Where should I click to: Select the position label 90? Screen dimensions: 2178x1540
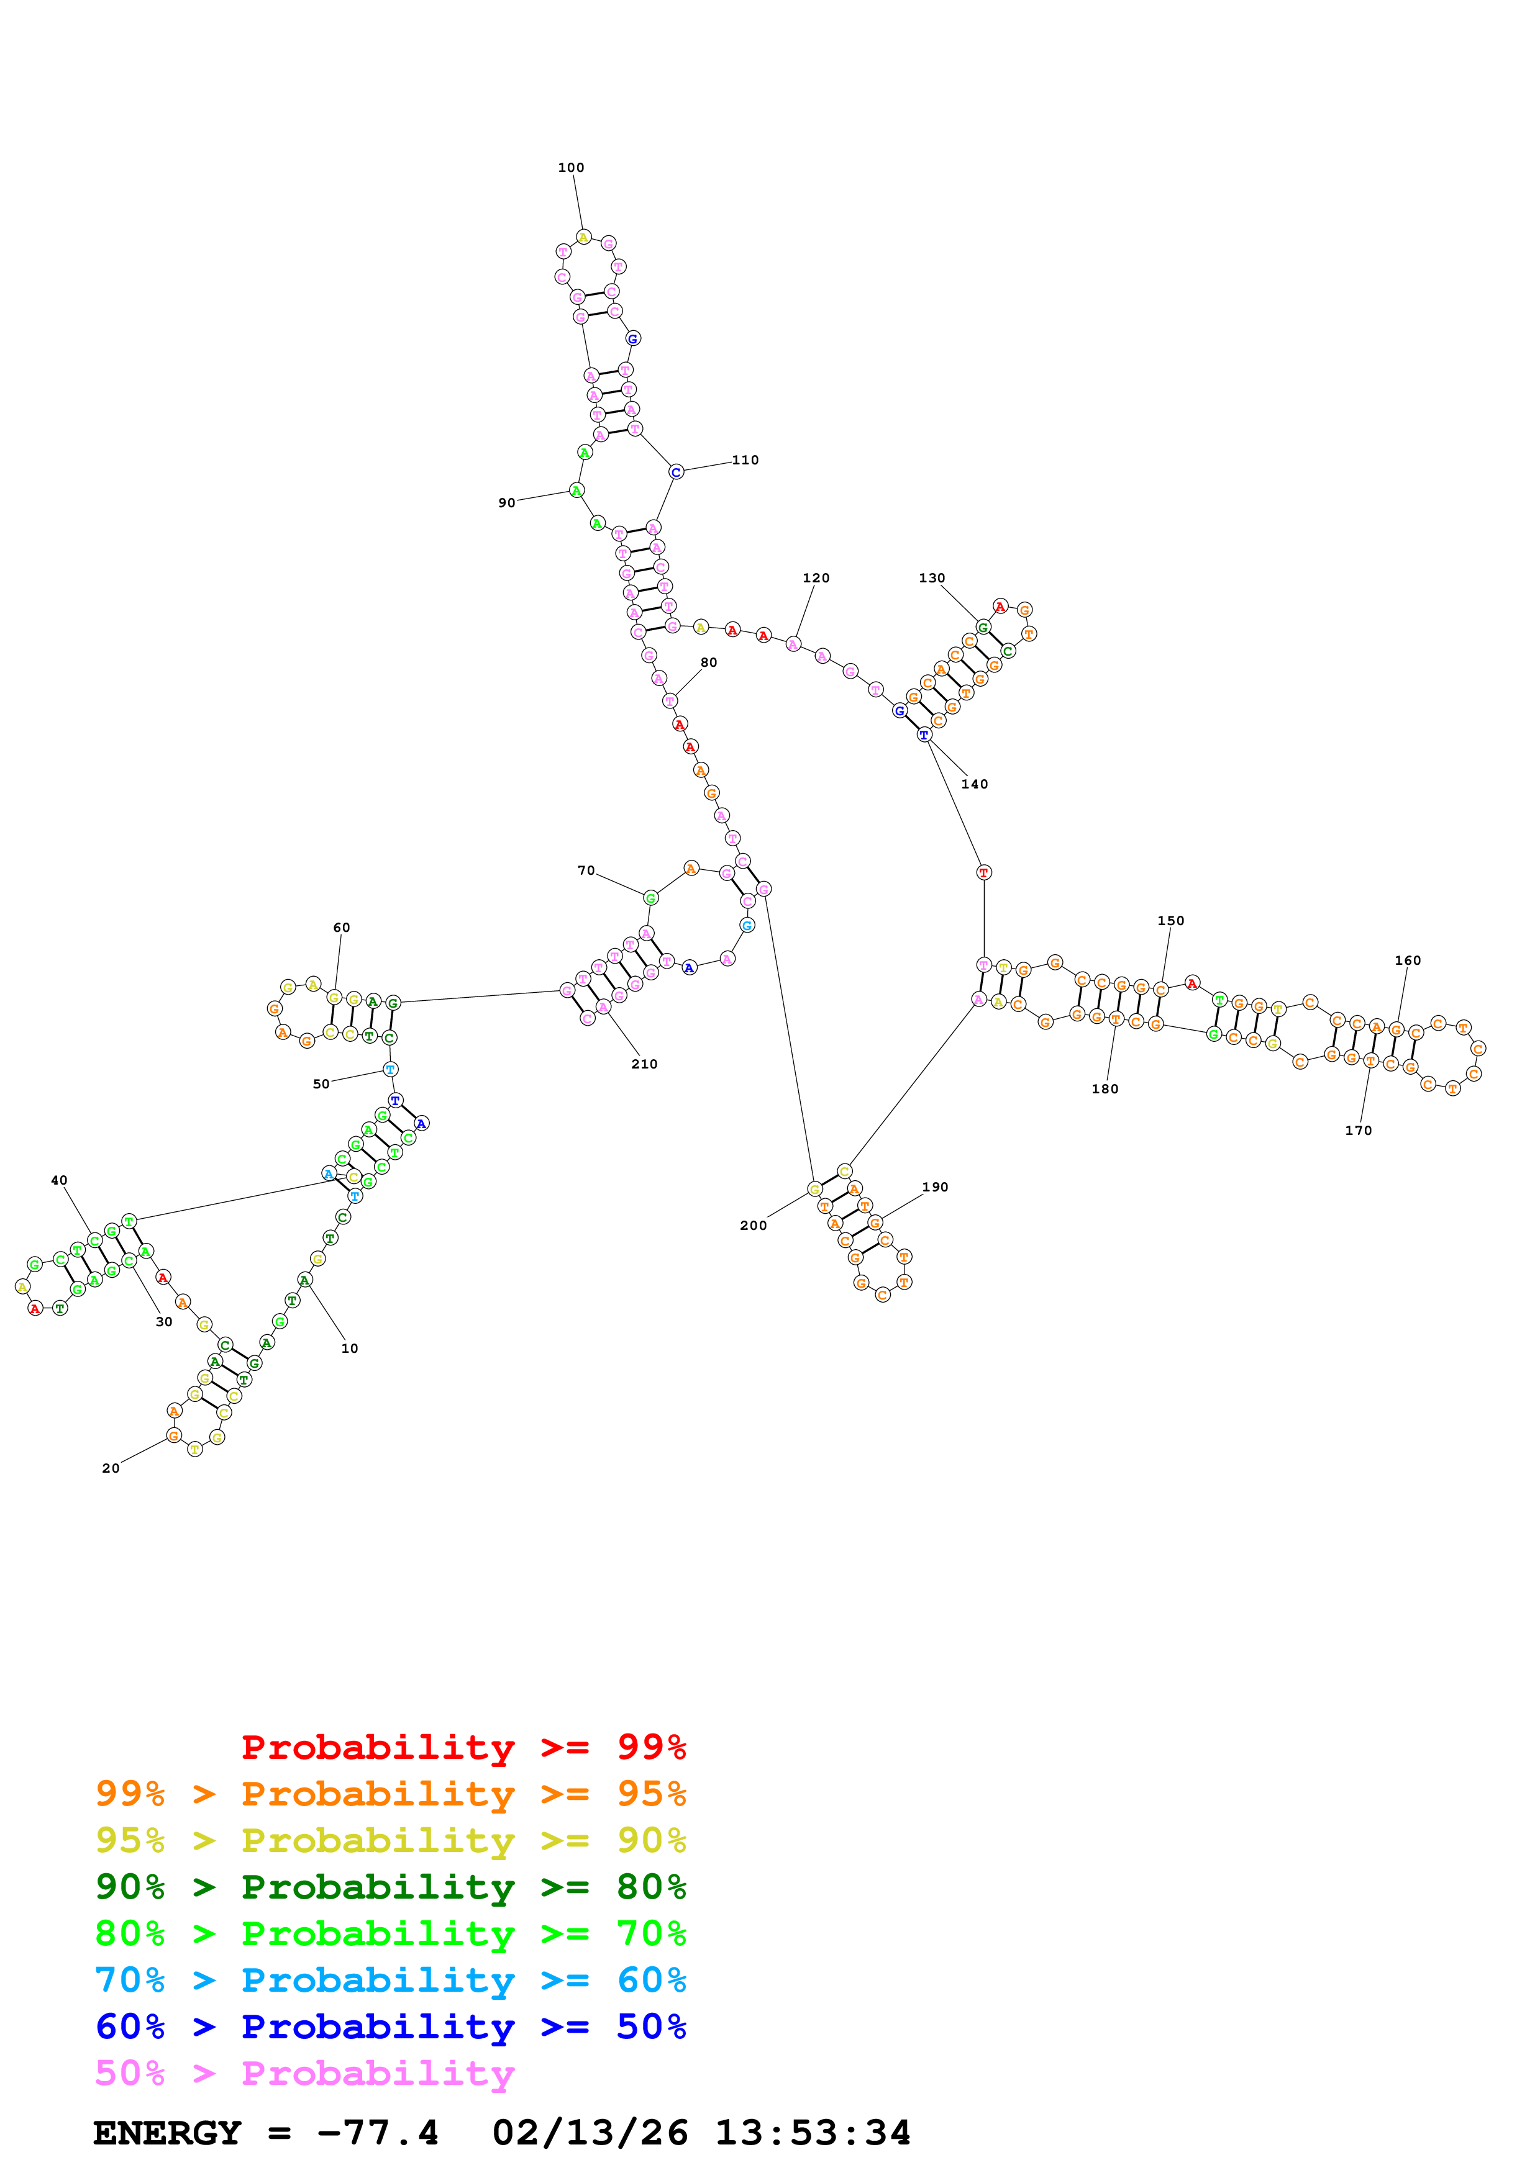(507, 503)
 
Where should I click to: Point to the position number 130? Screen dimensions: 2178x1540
(932, 577)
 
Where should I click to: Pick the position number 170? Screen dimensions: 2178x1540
(1358, 1130)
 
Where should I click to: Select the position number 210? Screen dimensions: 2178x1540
(644, 1064)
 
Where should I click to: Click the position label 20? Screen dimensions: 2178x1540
(111, 1468)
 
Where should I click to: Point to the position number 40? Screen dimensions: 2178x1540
(59, 1180)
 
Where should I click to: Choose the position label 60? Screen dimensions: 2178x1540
(342, 927)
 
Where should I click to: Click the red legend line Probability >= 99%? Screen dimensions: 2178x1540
(464, 1746)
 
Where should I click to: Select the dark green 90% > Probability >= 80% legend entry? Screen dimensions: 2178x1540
(391, 1887)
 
